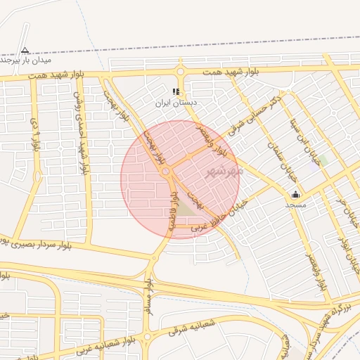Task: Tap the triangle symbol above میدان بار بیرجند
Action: coord(25,50)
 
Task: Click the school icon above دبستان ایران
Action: coord(176,91)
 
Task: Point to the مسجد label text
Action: coord(295,205)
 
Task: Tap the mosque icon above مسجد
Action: coord(295,194)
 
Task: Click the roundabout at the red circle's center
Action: coord(166,172)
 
